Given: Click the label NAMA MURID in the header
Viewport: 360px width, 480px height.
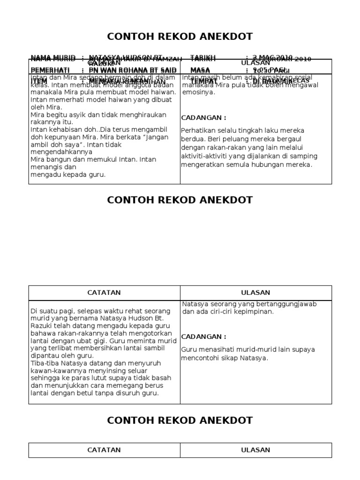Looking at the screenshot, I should point(52,58).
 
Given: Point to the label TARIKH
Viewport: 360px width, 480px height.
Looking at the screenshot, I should point(202,58).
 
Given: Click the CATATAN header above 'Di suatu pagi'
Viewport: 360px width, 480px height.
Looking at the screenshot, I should point(104,292).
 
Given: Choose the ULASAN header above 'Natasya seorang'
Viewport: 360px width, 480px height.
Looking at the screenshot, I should point(255,292).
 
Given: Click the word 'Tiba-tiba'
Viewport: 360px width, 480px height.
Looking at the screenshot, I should point(44,363).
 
